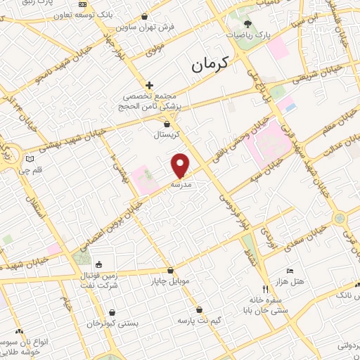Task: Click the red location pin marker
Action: point(181,165)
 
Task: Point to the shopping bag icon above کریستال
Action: point(166,122)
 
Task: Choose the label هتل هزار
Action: point(289,281)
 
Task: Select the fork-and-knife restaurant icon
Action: point(265,289)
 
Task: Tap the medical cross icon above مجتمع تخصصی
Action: point(149,84)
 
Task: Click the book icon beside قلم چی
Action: point(28,160)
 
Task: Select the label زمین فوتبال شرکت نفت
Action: point(98,282)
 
